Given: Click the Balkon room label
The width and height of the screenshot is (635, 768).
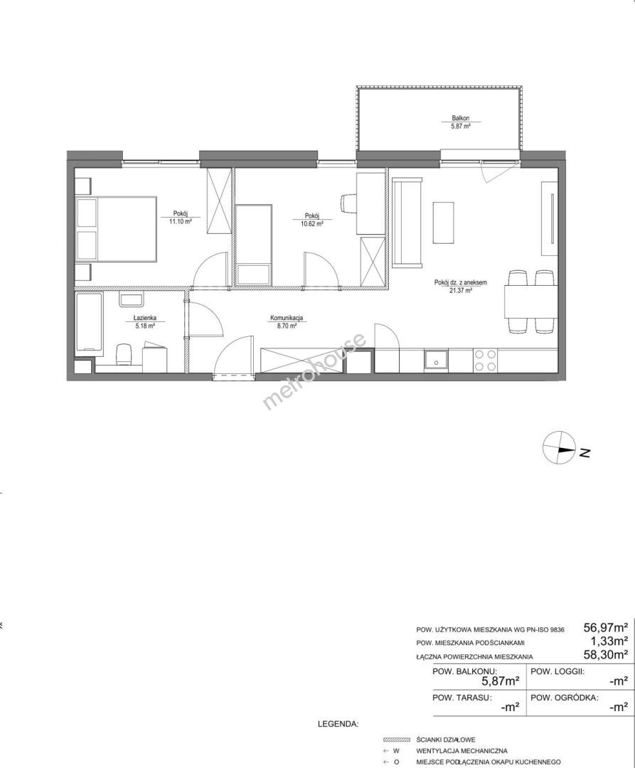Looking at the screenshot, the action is (x=461, y=118).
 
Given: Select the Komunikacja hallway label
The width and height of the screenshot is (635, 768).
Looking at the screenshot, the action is (x=287, y=318).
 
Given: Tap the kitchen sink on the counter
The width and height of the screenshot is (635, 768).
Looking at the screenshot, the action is (x=436, y=361).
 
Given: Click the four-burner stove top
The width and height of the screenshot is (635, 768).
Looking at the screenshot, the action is (x=485, y=361).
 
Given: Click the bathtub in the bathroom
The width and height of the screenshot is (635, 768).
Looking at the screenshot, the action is (x=90, y=322).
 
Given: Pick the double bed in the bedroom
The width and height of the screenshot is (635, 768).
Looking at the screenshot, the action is (x=116, y=229).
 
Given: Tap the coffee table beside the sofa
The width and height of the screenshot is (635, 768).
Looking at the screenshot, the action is (x=444, y=223).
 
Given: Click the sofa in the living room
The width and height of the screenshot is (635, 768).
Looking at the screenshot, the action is (x=406, y=223).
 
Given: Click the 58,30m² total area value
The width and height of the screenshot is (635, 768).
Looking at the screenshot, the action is (x=606, y=654).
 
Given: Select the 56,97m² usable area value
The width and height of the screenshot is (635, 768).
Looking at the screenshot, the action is (x=606, y=627).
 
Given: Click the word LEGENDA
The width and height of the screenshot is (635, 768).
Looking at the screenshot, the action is (x=338, y=723).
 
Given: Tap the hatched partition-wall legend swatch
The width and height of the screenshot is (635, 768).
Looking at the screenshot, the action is (x=397, y=740).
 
